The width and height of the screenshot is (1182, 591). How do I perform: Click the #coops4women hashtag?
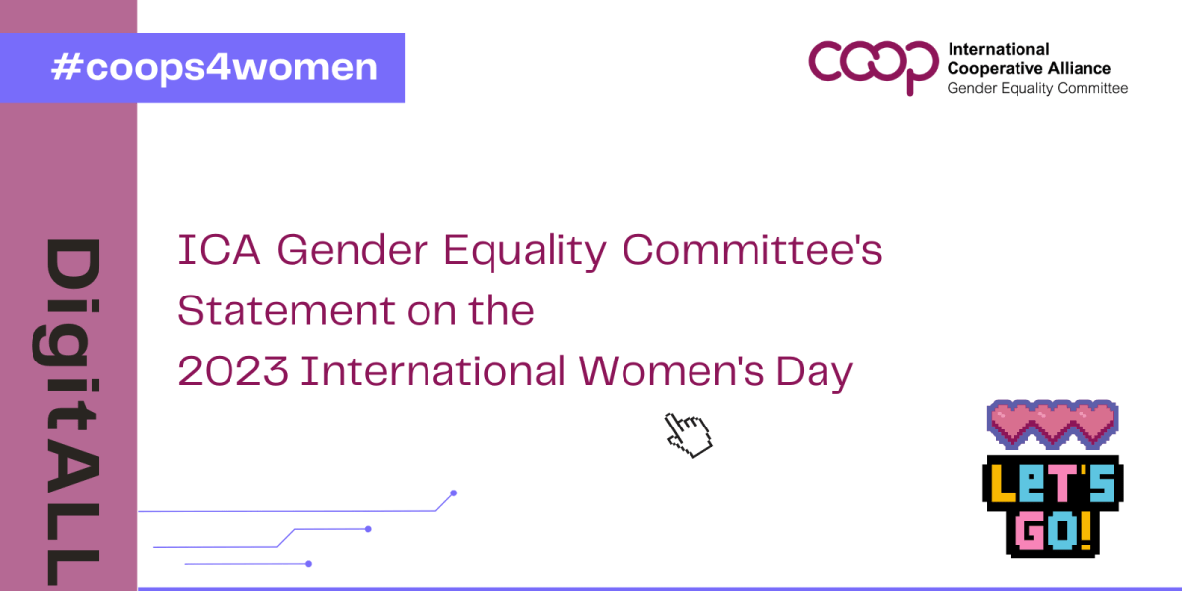tap(215, 68)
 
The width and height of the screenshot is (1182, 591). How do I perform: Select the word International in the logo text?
tap(999, 49)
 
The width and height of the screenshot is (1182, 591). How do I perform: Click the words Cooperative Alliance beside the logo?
tap(1029, 69)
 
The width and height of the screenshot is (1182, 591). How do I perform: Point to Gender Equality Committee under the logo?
tap(1037, 88)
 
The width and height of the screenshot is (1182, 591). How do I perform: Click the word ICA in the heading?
tap(219, 250)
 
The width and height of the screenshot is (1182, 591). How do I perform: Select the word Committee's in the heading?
tap(752, 249)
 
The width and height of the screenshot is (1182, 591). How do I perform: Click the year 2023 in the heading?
tap(232, 371)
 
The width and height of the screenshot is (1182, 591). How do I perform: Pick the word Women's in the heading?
tap(671, 371)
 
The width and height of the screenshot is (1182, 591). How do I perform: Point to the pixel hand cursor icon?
tap(689, 435)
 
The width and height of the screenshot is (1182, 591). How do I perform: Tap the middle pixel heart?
tap(1052, 424)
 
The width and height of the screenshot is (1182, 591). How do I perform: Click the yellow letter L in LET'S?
tap(1002, 484)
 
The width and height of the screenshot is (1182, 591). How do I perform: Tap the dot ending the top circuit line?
tap(453, 493)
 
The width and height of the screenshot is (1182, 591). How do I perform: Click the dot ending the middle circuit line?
tap(368, 529)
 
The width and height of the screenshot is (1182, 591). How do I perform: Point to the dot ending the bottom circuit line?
tap(308, 564)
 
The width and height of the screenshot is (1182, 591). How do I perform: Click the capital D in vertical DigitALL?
tap(73, 264)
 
